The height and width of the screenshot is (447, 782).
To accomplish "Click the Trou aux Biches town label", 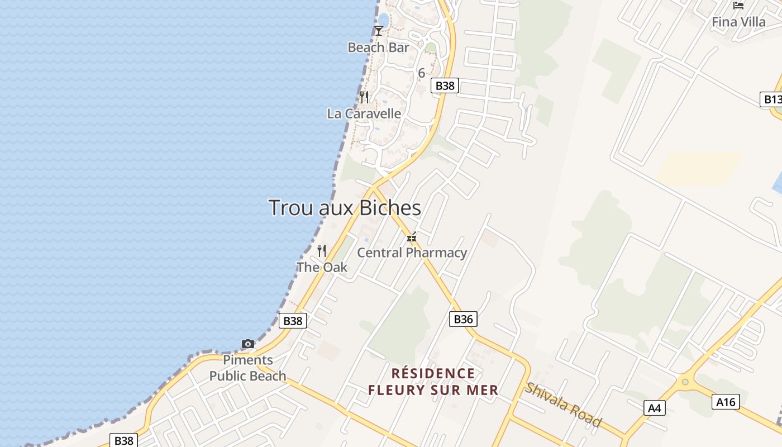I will [345, 208].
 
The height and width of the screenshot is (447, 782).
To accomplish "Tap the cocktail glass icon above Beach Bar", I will [379, 31].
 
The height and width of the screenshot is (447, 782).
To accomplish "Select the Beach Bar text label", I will [378, 47].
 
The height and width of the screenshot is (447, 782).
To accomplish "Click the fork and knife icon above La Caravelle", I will [364, 97].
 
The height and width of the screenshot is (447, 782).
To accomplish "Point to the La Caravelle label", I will [364, 114].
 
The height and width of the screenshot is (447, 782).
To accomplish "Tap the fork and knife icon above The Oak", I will [322, 250].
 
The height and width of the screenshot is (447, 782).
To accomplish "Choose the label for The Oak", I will [322, 267].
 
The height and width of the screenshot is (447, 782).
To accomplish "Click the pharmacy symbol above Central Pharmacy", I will [412, 237].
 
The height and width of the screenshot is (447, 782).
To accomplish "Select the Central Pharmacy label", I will [412, 253].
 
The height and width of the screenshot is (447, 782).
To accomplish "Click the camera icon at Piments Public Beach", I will [247, 344].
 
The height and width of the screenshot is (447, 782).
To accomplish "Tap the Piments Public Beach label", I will [247, 368].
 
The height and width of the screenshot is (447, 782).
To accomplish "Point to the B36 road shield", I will [463, 319].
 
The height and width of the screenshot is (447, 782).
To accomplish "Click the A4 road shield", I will [654, 408].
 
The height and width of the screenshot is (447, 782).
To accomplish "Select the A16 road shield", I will [726, 401].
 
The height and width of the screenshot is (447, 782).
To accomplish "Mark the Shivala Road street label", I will [563, 405].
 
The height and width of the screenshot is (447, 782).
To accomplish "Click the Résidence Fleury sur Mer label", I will [433, 382].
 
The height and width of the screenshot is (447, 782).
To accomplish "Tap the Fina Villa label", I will [738, 22].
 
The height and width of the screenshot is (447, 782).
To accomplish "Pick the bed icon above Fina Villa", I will [738, 6].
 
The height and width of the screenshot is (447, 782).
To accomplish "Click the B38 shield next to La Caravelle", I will [445, 85].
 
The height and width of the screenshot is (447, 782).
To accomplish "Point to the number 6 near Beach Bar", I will [421, 73].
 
